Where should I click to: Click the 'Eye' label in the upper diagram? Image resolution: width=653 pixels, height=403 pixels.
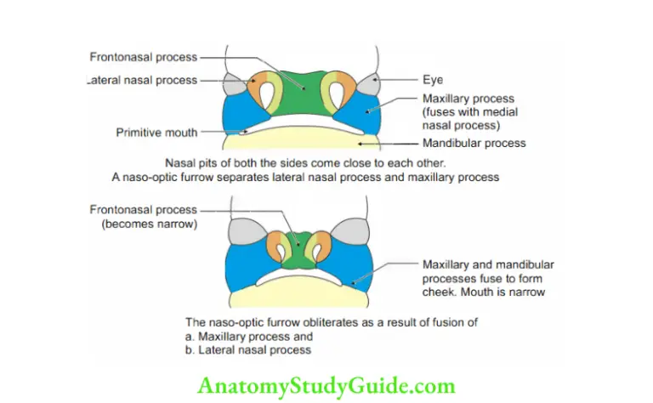[x=433, y=80]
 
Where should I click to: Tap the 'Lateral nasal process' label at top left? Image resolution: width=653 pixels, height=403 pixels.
[x=142, y=80]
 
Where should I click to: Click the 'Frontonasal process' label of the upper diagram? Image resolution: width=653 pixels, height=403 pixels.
[x=143, y=58]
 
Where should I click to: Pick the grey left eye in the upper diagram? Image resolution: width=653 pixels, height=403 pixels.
[x=235, y=84]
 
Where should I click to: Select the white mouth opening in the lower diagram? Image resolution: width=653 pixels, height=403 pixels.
[x=298, y=278]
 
